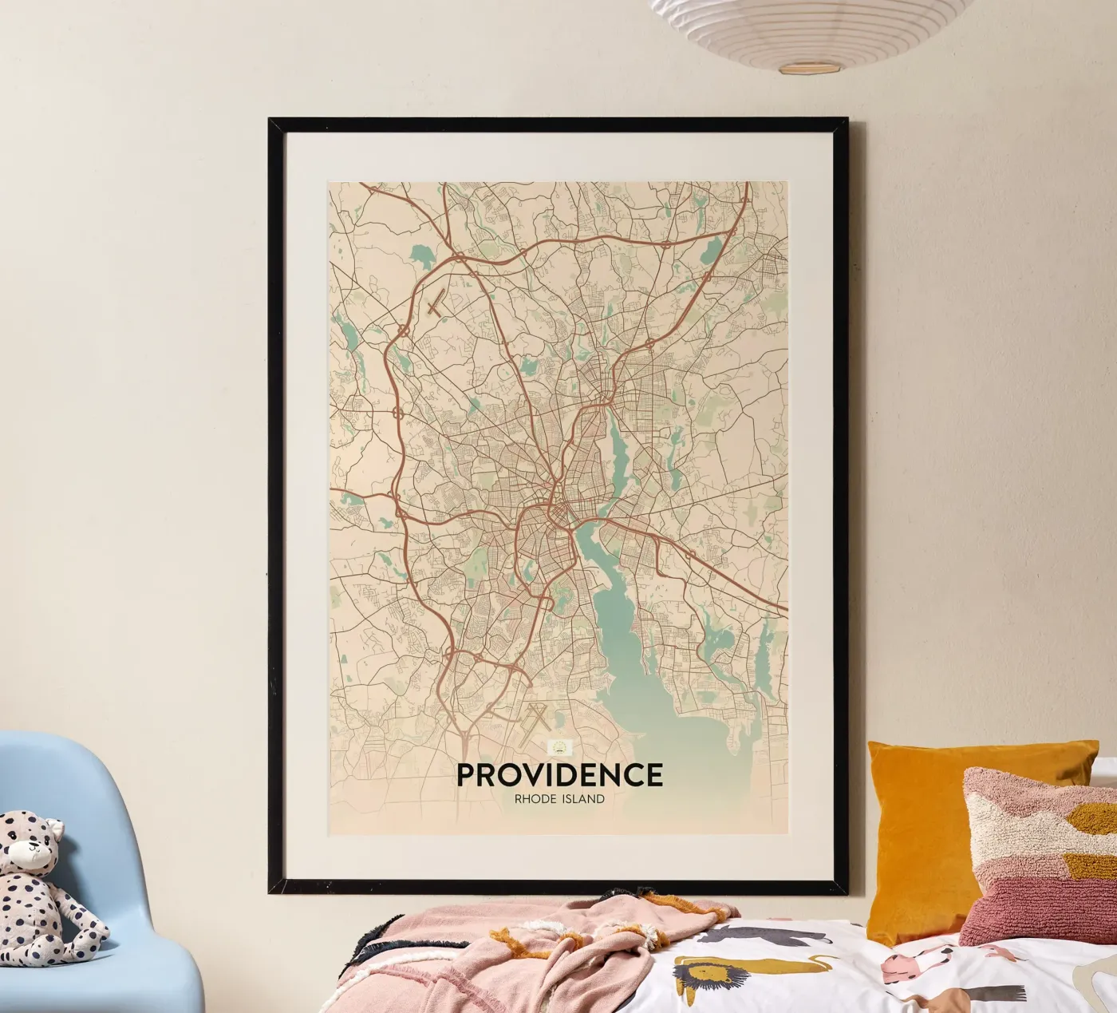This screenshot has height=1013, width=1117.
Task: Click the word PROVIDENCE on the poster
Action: [558, 774]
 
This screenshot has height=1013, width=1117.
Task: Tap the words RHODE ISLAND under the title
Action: [558, 798]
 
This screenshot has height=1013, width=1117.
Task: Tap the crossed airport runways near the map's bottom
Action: [533, 722]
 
